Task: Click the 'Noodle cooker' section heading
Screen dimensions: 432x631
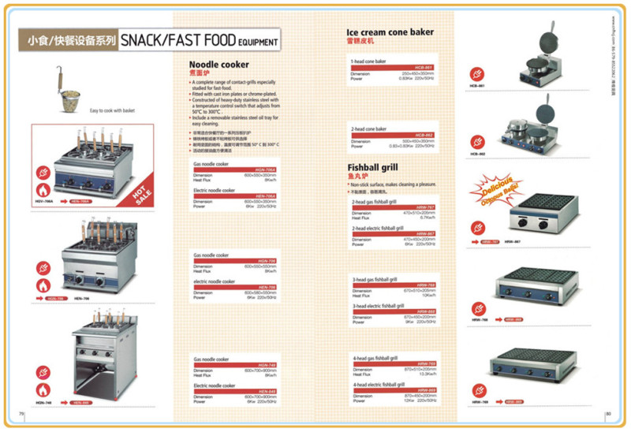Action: coord(219,65)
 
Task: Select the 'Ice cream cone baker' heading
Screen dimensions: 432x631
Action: coord(390,32)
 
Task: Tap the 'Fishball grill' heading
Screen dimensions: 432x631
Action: coord(373,167)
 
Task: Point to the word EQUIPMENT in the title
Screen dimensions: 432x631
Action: coord(258,44)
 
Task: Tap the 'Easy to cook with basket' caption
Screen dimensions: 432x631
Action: coord(112,110)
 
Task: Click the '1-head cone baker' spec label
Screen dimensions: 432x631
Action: coord(368,61)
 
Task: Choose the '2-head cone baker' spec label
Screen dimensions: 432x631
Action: coord(369,128)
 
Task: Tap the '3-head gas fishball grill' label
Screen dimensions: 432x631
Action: coord(375,280)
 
